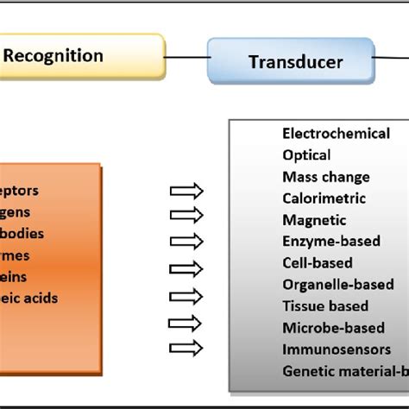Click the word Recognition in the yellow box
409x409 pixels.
coord(53,57)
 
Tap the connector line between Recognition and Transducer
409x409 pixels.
coord(186,59)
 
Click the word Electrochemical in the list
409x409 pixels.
coord(336,134)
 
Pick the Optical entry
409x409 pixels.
coord(306,155)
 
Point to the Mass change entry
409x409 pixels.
coord(325,177)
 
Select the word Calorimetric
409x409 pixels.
coord(323,198)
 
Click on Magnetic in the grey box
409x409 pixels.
coord(314,220)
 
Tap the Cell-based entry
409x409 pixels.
coord(318,263)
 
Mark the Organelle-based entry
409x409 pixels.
coord(337,285)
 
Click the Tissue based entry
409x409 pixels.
coord(325,306)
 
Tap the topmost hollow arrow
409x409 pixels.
coord(186,192)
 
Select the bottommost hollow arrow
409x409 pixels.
coord(186,348)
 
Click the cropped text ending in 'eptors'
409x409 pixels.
coord(19,191)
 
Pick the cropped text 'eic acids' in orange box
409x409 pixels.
coord(29,299)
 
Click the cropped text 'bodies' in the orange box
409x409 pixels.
coord(22,234)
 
